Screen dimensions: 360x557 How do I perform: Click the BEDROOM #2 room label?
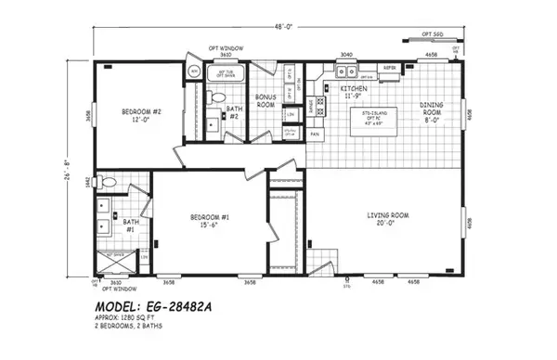click(141, 117)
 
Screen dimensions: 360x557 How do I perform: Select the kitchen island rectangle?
click(375, 122)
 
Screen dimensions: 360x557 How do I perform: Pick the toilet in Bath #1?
click(110, 183)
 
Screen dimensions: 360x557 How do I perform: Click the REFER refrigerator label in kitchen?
click(391, 68)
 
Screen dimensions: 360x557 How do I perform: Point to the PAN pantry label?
click(315, 134)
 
